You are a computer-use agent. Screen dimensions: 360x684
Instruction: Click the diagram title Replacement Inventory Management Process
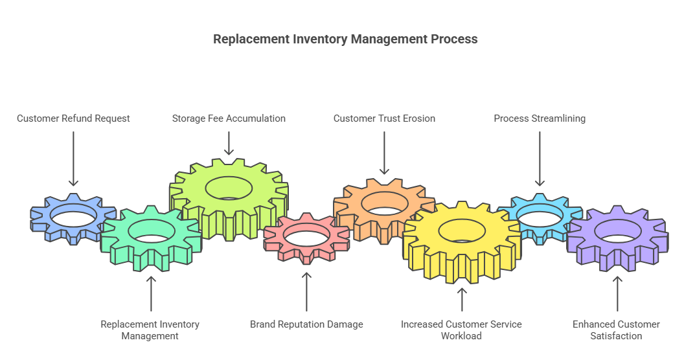point(345,39)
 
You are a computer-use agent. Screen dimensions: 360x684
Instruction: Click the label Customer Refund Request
point(73,118)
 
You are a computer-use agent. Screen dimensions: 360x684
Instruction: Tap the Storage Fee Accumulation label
point(229,118)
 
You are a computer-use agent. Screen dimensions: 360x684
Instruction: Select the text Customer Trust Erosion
point(384,118)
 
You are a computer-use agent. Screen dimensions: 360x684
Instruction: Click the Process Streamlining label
point(540,118)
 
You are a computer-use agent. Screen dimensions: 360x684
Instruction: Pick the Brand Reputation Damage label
point(306,324)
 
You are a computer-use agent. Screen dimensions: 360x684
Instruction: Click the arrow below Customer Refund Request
point(73,159)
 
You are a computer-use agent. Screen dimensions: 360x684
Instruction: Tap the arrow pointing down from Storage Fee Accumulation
point(229,143)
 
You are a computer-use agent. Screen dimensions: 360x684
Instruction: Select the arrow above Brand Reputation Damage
point(306,291)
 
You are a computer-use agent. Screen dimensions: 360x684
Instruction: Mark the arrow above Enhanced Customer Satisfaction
point(617,295)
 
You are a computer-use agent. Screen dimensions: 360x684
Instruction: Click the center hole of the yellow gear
point(461,229)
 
